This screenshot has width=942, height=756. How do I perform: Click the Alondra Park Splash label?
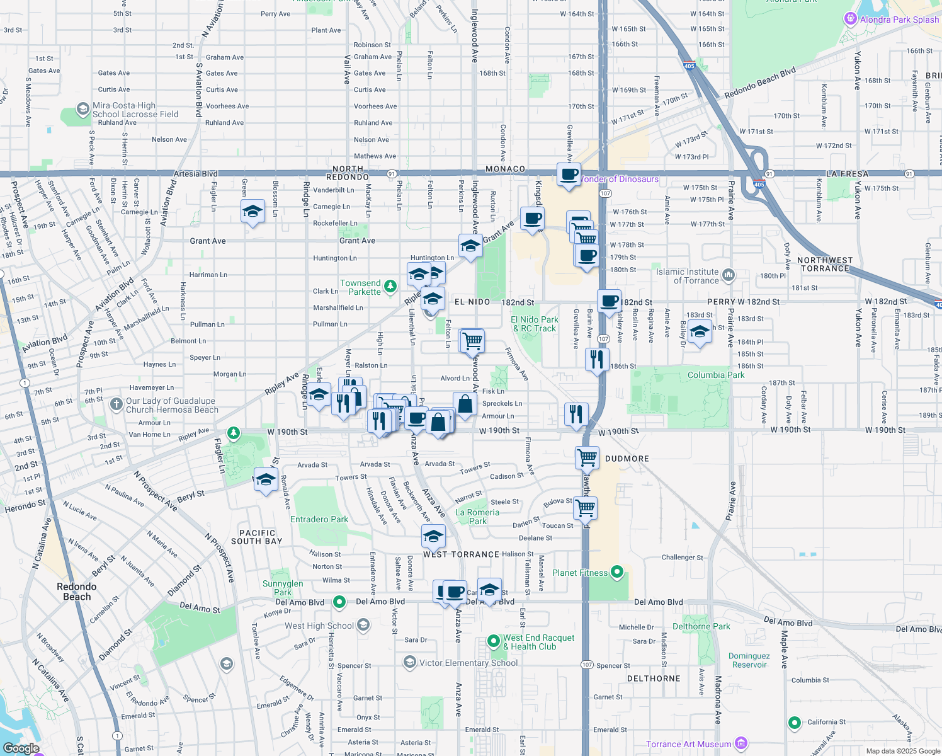tap(899, 20)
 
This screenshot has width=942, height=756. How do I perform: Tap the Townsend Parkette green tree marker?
tap(390, 287)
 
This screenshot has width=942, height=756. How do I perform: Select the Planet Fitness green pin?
tap(617, 572)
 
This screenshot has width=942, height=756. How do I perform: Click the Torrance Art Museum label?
tap(688, 744)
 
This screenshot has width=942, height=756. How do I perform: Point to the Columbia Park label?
tap(715, 375)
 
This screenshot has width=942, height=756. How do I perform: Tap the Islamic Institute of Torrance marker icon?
tap(729, 275)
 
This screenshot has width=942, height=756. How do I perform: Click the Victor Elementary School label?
tap(468, 663)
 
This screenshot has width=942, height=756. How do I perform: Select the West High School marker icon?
tap(363, 625)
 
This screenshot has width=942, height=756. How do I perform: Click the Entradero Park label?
tap(319, 519)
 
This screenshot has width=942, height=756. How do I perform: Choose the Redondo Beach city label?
tap(77, 592)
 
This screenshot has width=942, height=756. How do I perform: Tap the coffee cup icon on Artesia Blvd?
tap(569, 175)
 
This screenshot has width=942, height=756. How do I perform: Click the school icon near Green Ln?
tap(253, 211)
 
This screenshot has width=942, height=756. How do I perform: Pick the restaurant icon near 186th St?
tap(596, 360)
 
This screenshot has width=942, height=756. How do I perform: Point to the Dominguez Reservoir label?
tap(749, 660)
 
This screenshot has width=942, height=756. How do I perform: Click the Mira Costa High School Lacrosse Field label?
tap(135, 110)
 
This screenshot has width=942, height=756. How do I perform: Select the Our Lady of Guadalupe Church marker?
tap(116, 404)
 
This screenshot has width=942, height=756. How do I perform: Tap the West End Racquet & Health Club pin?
tap(494, 642)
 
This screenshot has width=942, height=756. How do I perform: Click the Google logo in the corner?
tap(21, 748)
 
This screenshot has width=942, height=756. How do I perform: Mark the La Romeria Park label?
tap(477, 517)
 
